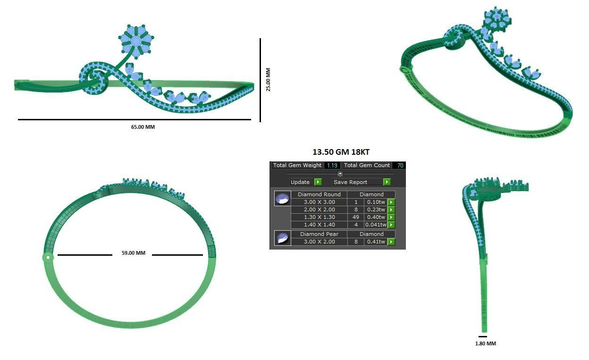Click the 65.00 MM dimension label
click(x=143, y=127)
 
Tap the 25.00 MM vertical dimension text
click(x=268, y=80)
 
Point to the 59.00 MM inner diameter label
click(x=133, y=253)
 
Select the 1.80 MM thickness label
click(x=485, y=343)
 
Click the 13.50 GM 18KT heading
click(x=341, y=152)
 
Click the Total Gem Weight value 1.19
click(x=332, y=165)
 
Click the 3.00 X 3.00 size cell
click(x=319, y=202)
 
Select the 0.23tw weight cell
click(x=376, y=209)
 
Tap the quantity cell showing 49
click(x=356, y=217)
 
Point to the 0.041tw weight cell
click(x=376, y=225)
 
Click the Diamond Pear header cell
click(x=319, y=234)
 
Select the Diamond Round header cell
click(x=319, y=194)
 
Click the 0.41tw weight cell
click(x=376, y=242)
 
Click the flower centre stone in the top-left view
click(x=136, y=42)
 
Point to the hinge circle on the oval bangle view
click(x=47, y=257)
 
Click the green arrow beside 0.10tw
click(x=391, y=202)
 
